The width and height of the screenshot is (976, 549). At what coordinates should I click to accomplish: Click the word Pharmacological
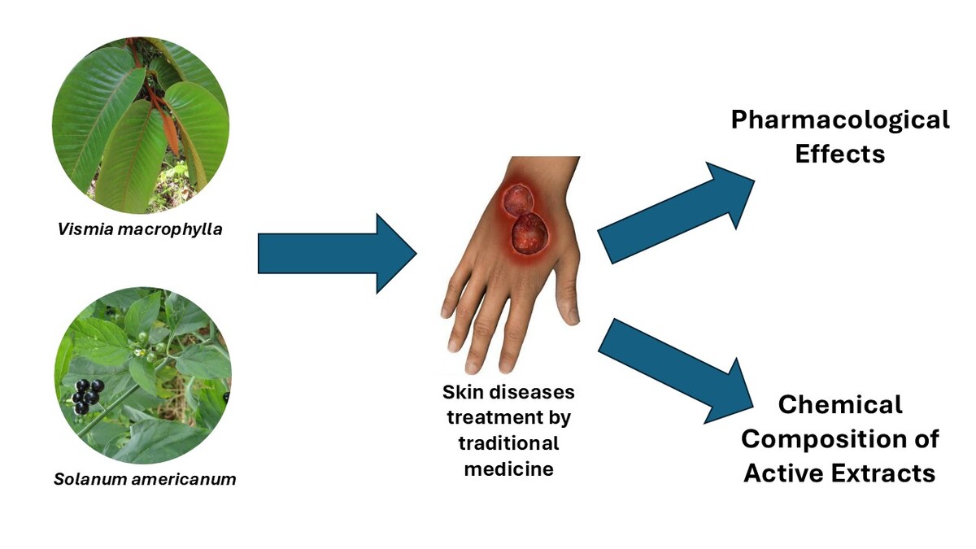pyautogui.click(x=840, y=120)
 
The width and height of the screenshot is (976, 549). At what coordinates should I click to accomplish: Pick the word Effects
pyautogui.click(x=840, y=155)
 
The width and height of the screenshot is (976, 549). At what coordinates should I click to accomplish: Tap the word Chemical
pyautogui.click(x=840, y=405)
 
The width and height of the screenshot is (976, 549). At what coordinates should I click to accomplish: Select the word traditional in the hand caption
pyautogui.click(x=508, y=443)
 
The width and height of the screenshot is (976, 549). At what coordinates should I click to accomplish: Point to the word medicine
pyautogui.click(x=509, y=469)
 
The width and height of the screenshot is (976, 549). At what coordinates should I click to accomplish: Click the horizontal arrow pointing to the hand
pyautogui.click(x=338, y=254)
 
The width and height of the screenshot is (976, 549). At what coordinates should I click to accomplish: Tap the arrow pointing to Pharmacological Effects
pyautogui.click(x=676, y=213)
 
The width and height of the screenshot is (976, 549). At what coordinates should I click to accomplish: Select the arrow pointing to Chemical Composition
pyautogui.click(x=676, y=371)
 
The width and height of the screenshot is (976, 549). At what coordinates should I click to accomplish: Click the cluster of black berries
pyautogui.click(x=88, y=396)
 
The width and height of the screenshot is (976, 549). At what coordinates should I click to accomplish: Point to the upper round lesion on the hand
pyautogui.click(x=517, y=200)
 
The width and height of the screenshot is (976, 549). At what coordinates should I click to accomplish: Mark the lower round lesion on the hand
pyautogui.click(x=529, y=233)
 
